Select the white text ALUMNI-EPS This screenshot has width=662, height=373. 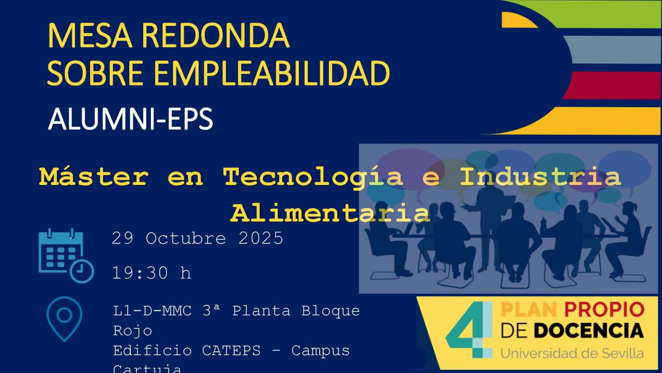tap(130, 120)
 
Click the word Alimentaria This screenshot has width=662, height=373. tap(330, 212)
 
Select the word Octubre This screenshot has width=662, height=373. tap(186, 238)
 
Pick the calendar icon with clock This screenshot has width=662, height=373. tap(66, 255)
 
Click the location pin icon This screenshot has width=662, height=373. tap(64, 317)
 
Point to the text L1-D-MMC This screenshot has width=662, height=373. tap(152, 311)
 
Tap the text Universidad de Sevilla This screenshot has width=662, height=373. tap(572, 353)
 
